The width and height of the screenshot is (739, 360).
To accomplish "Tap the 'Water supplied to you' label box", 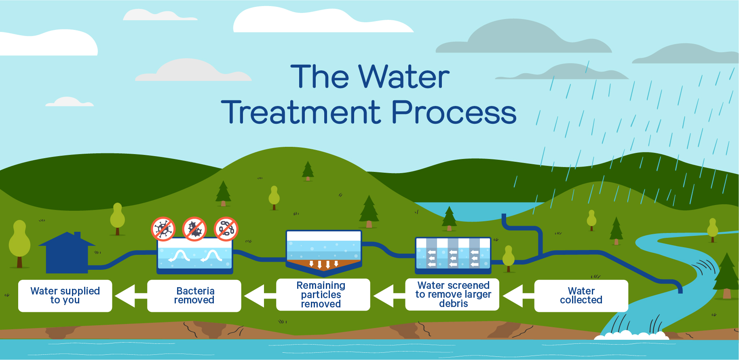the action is tap(65, 296).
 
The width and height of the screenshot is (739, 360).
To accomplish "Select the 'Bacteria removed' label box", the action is tap(194, 296).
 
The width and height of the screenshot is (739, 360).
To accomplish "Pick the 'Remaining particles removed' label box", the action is tap(323, 295).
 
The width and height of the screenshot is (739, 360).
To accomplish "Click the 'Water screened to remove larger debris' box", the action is tap(452, 294).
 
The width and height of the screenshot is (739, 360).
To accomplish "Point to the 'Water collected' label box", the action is tap(581, 296).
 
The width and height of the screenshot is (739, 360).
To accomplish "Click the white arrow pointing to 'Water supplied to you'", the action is tap(131, 296).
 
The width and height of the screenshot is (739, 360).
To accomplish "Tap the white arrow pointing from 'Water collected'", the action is tap(518, 296).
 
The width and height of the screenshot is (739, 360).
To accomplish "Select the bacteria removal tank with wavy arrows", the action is tap(195, 255).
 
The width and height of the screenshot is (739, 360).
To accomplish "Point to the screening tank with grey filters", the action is tap(453, 255).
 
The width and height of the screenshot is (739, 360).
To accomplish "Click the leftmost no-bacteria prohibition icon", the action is tap(163, 229).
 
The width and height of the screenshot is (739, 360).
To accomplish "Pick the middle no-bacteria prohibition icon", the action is tap(194, 229).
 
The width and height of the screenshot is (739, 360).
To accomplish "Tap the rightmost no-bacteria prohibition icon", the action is tap(226, 229).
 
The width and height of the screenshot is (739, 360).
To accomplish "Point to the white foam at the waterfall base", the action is tap(631, 335).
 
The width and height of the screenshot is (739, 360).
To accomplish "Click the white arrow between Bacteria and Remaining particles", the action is tap(260, 296).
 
